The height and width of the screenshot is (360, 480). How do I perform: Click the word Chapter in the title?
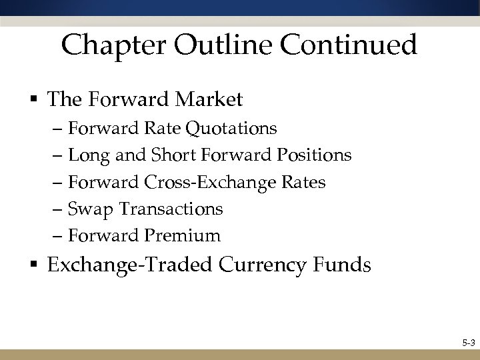[111, 46]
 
